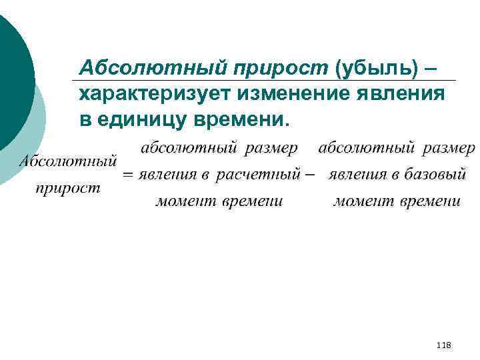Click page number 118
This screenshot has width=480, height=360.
(x=443, y=345)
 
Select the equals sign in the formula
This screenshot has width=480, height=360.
(x=127, y=175)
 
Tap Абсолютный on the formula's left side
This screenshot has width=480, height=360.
(x=67, y=161)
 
